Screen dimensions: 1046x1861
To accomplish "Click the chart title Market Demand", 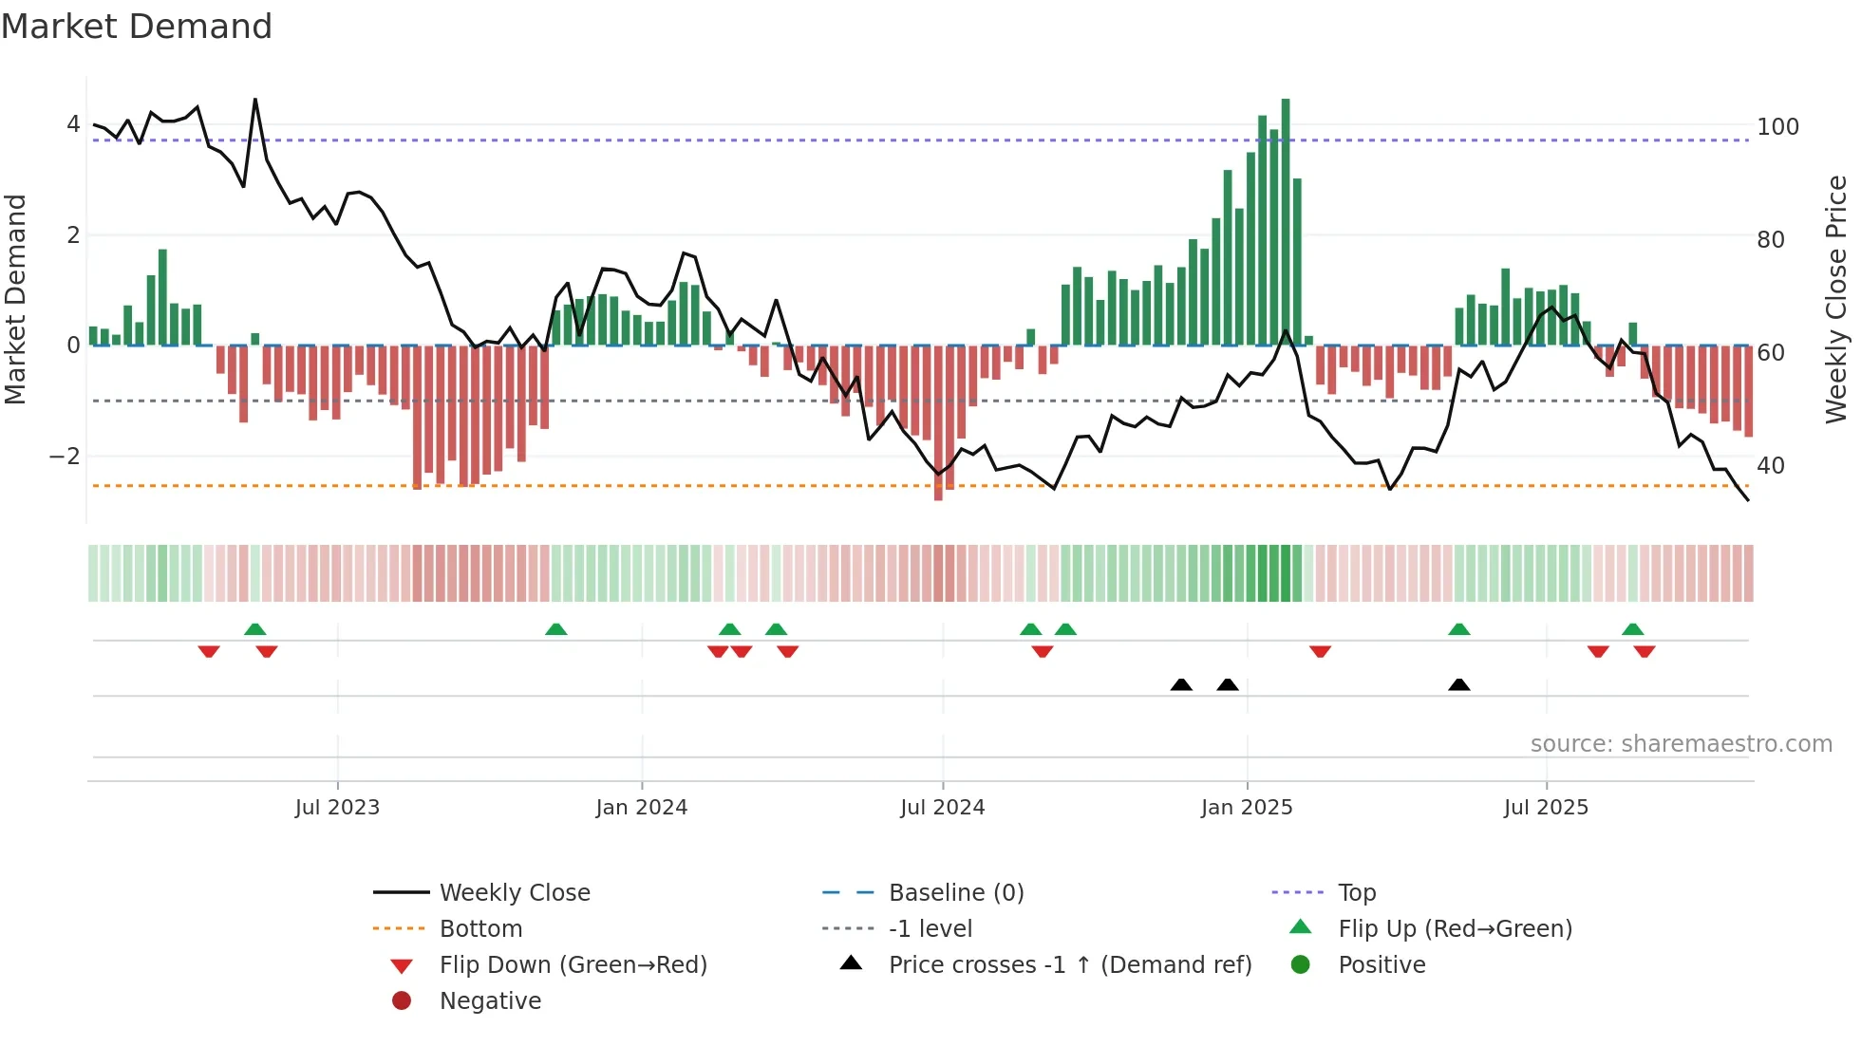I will coord(137,27).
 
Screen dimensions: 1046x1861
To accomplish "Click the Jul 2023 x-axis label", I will coord(337,808).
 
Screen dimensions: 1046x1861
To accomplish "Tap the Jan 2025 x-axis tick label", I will coord(1246,808).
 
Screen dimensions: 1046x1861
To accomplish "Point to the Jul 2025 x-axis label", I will coord(1546,808).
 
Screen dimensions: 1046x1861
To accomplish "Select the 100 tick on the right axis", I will coord(1777,127).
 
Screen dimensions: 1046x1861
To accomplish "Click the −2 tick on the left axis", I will coord(65,457).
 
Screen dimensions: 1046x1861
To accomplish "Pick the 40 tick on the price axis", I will coord(1771,466).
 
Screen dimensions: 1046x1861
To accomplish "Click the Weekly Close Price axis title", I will coord(1836,299).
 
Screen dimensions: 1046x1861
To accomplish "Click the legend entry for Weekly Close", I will coord(514,893).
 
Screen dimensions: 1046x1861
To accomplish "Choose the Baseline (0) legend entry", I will coord(955,893).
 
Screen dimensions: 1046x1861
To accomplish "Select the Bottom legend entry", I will coord(480,929).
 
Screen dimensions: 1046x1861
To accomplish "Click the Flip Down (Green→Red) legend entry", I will coord(573,965).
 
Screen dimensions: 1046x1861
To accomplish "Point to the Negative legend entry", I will coord(490,1001).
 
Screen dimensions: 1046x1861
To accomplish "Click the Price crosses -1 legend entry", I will coord(1069,965).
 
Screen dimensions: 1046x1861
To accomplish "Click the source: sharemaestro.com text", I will coord(1681,744).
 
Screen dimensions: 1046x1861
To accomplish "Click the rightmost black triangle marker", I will coord(1459,684).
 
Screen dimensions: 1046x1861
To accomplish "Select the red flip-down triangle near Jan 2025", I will coord(1320,651).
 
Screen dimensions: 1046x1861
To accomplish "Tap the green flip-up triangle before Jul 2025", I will coord(1459,629).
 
